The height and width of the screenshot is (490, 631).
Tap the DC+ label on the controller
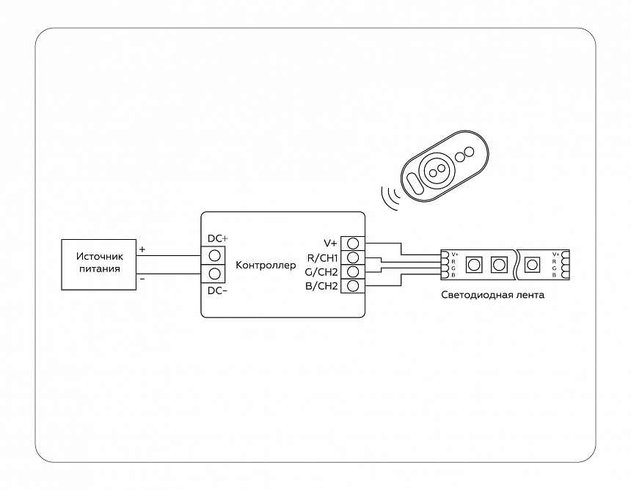click(x=218, y=239)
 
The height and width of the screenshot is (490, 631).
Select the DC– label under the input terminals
click(x=218, y=290)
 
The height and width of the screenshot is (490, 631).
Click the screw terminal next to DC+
click(x=216, y=255)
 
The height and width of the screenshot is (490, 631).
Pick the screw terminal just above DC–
click(x=216, y=274)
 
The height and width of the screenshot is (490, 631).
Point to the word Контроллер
click(x=266, y=264)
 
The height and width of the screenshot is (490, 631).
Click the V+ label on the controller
click(x=329, y=243)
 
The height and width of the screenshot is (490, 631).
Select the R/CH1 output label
click(x=322, y=257)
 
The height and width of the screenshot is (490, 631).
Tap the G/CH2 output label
click(x=321, y=271)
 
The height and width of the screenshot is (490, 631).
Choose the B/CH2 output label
click(x=321, y=285)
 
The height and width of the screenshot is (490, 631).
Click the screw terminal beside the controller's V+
click(x=353, y=243)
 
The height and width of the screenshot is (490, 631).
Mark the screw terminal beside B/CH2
click(x=353, y=285)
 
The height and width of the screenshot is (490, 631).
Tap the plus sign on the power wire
click(x=142, y=249)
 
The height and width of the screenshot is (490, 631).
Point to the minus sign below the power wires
click(x=142, y=279)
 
